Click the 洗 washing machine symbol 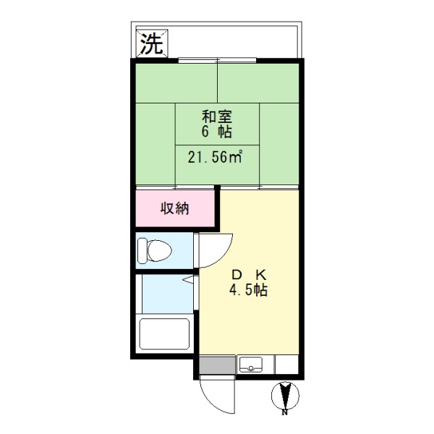pos(150,45)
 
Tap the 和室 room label pos(216,116)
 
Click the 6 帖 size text pos(216,132)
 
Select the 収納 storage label pos(174,210)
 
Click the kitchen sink pos(252,365)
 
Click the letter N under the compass pos(285,413)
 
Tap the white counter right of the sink pos(286,365)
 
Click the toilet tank pos(142,250)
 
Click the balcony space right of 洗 pos(231,45)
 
